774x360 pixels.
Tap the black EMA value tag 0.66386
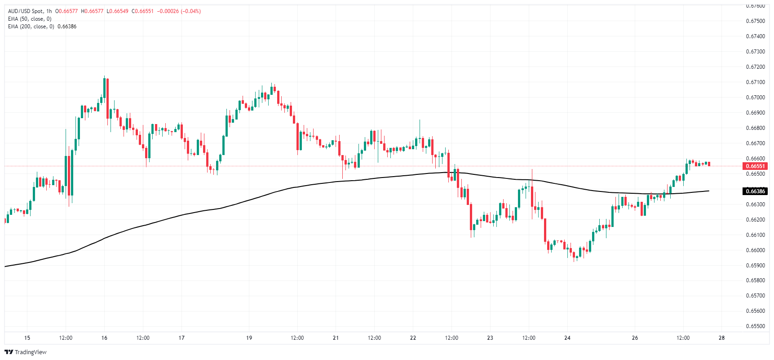click(x=756, y=191)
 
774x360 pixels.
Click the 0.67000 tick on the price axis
click(x=755, y=98)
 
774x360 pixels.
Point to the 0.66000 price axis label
click(x=755, y=250)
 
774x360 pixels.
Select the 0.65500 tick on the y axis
click(x=755, y=326)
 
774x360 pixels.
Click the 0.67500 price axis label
click(x=755, y=21)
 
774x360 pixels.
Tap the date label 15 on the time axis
click(x=27, y=338)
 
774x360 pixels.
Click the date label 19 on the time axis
click(x=249, y=338)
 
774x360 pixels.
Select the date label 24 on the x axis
click(x=567, y=338)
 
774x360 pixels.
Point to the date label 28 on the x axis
click(x=721, y=338)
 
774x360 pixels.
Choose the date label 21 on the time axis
click(x=336, y=338)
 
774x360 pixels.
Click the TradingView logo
click(x=26, y=352)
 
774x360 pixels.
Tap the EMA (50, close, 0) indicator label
click(x=30, y=19)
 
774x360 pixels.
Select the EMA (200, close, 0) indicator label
click(x=31, y=27)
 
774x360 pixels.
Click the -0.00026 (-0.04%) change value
click(x=179, y=11)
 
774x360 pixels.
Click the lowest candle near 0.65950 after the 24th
click(x=576, y=256)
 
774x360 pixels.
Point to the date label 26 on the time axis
click(x=635, y=338)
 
